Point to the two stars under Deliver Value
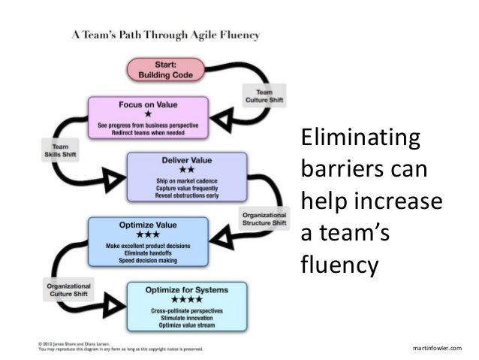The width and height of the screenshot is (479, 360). click(x=187, y=169)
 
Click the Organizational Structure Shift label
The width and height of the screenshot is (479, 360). click(x=263, y=219)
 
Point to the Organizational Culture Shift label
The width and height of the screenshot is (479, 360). click(x=69, y=290)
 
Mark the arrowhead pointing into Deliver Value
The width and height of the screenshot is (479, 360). click(x=113, y=178)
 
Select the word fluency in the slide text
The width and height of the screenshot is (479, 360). click(x=336, y=265)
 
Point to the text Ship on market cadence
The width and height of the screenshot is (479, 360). click(x=187, y=180)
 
